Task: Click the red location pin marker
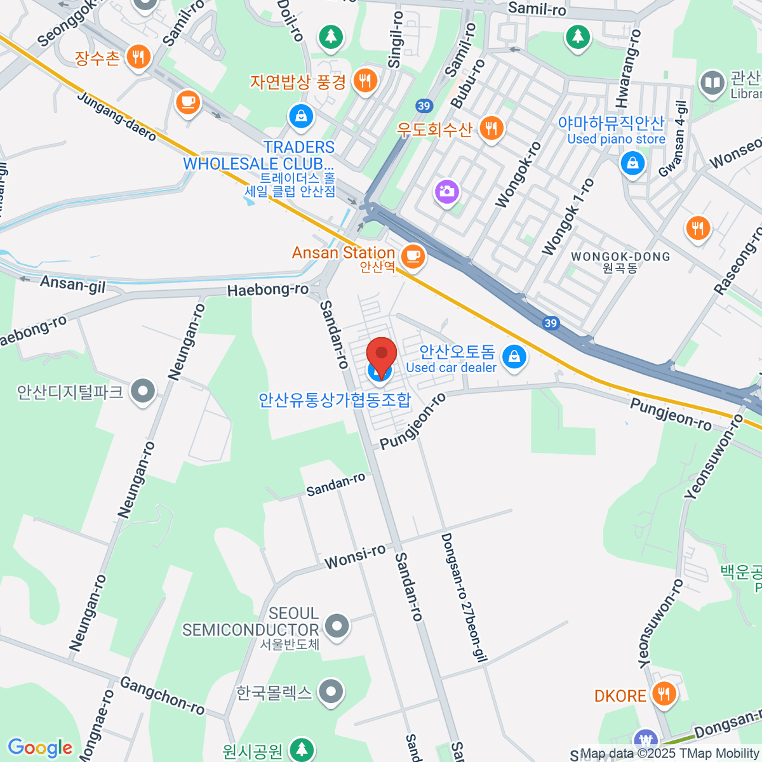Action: point(382,356)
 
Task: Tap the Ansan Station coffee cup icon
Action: point(413,256)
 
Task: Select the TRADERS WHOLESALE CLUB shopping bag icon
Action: point(300,116)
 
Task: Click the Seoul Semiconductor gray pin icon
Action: point(337,626)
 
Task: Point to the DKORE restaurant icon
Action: point(664,693)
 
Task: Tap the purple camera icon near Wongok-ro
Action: point(447,190)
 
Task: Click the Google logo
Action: point(39,747)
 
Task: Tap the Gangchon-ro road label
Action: point(162,696)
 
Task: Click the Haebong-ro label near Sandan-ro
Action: point(267,290)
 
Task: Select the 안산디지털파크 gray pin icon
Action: point(143,392)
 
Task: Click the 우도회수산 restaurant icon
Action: point(490,129)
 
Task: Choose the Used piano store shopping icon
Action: point(632,163)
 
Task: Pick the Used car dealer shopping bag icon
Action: point(514,357)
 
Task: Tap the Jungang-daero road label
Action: point(117,117)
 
